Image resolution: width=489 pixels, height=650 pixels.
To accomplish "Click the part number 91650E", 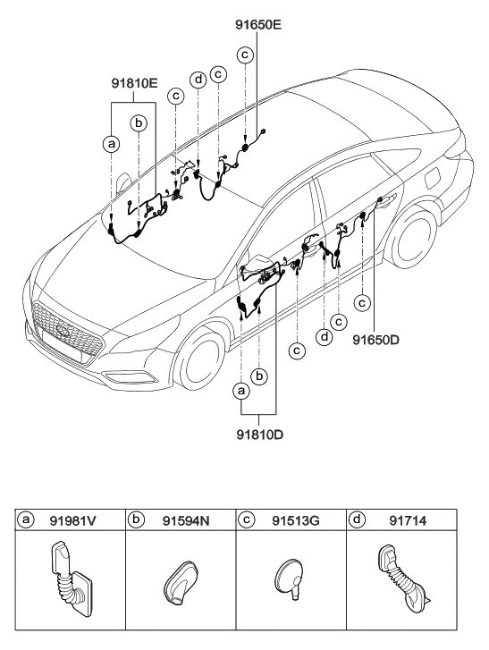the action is click(x=258, y=24).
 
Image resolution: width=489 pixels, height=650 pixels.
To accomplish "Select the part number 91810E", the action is click(x=134, y=84).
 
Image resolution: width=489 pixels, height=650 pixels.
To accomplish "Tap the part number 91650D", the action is click(x=375, y=340).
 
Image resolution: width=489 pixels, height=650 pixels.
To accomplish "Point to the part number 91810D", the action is click(x=260, y=435).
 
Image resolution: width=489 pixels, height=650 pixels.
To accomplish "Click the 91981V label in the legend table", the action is click(x=72, y=520).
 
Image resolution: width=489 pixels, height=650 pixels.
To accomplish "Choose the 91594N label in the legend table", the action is click(x=186, y=520).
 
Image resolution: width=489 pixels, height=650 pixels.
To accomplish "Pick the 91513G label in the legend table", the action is click(x=296, y=520).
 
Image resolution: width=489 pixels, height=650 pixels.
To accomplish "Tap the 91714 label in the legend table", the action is click(x=408, y=520).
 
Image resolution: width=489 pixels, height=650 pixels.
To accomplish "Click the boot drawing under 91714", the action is click(x=403, y=577).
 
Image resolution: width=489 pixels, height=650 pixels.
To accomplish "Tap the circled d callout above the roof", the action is click(x=198, y=80).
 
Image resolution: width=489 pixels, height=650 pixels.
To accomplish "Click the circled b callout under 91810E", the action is click(x=139, y=123).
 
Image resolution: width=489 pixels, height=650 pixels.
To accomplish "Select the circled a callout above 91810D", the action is click(x=241, y=390).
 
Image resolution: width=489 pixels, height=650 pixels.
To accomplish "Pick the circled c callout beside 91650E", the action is click(x=245, y=55).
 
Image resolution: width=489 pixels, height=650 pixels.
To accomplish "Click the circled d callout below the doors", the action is click(x=325, y=336).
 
